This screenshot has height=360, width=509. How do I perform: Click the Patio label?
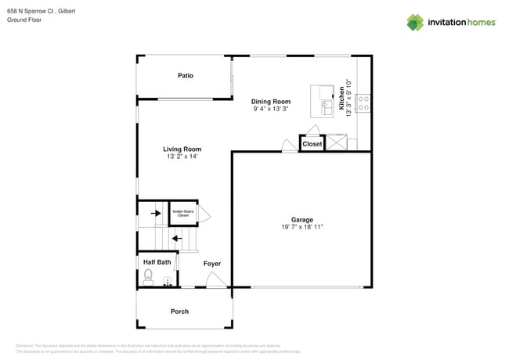click(185, 76)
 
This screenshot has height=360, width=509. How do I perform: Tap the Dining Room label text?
click(271, 102)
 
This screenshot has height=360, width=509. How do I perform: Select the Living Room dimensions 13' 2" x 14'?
click(182, 157)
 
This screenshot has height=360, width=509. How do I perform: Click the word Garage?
click(302, 219)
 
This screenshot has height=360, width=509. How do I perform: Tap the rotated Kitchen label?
click(342, 96)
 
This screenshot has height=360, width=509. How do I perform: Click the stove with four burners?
click(364, 103)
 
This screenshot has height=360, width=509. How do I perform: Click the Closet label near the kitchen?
click(312, 144)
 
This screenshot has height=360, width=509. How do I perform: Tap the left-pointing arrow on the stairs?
click(176, 239)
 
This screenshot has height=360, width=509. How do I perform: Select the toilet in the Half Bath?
click(148, 275)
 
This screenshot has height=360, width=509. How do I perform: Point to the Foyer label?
click(211, 264)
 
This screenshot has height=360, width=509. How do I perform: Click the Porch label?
click(179, 311)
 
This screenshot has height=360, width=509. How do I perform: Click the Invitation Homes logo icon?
click(415, 22)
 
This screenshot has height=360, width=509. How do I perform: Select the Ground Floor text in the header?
click(24, 20)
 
